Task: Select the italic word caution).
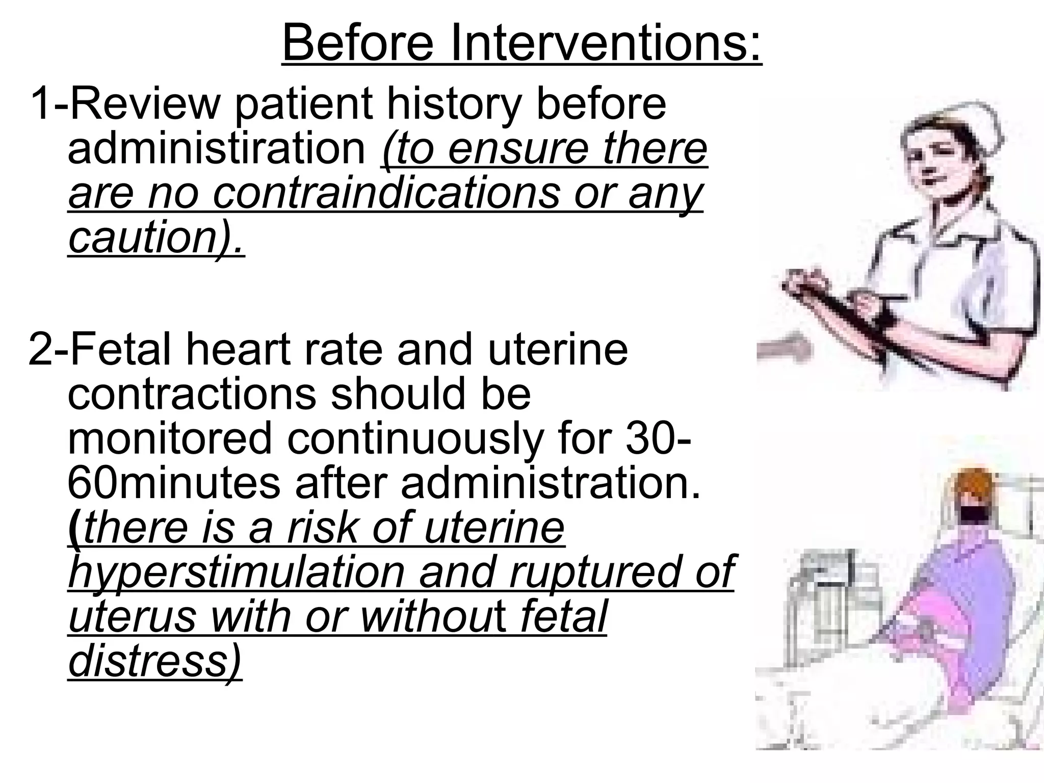coord(156,238)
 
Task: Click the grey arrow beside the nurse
coord(785,350)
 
